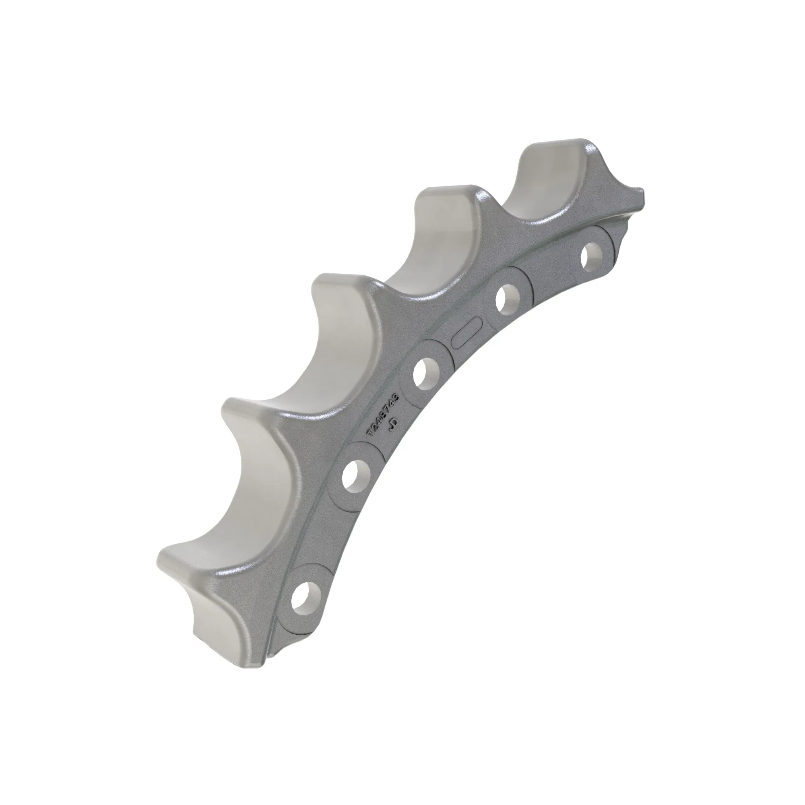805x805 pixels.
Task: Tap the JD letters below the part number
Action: (393, 425)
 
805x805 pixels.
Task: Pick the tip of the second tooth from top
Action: (446, 194)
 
